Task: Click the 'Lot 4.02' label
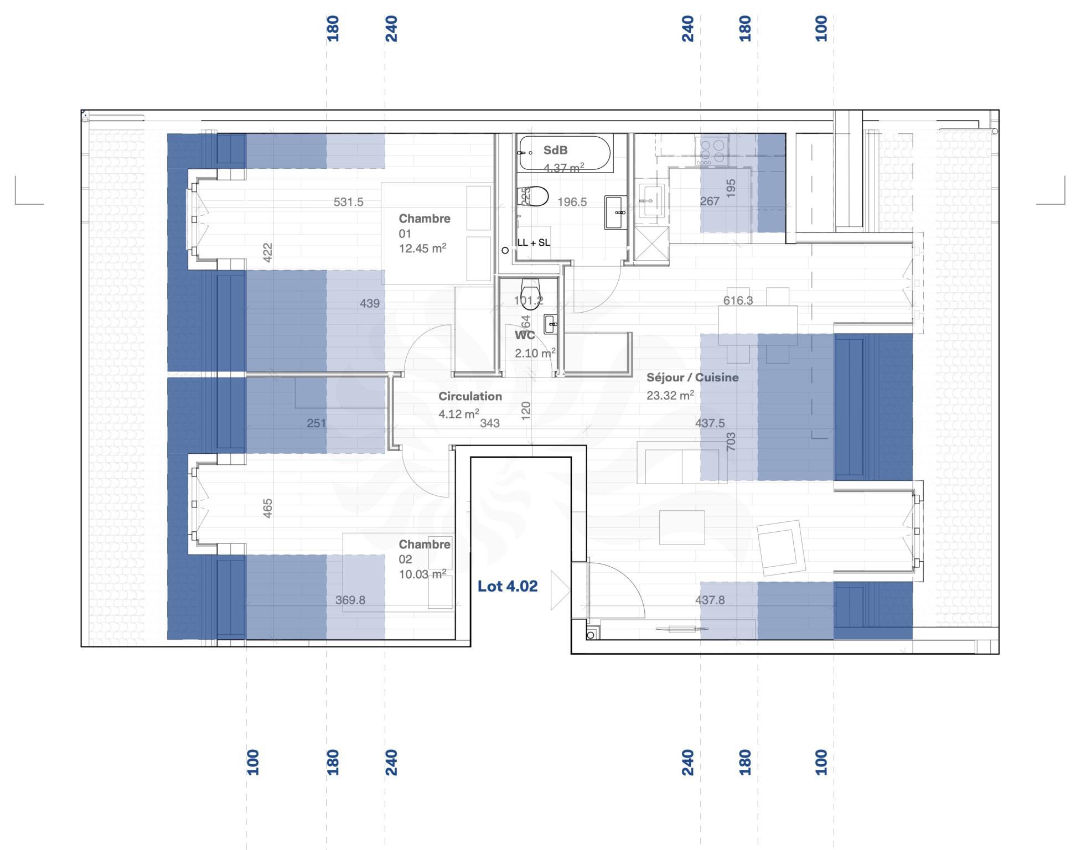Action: click(x=508, y=587)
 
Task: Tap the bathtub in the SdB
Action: click(x=565, y=153)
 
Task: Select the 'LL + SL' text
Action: click(x=534, y=243)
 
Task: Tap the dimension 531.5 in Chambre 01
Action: click(x=348, y=202)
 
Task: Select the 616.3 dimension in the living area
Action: click(x=738, y=300)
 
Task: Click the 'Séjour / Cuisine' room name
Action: click(x=692, y=377)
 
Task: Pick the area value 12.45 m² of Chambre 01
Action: click(x=422, y=249)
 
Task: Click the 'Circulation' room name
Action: click(x=470, y=396)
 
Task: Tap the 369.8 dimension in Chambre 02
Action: click(x=350, y=600)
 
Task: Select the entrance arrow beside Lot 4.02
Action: click(x=559, y=590)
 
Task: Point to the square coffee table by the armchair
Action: click(x=682, y=527)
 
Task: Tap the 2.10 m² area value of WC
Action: click(x=535, y=353)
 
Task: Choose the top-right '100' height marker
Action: click(x=821, y=28)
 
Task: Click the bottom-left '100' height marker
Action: click(x=252, y=762)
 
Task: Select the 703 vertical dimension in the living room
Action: click(x=731, y=441)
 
